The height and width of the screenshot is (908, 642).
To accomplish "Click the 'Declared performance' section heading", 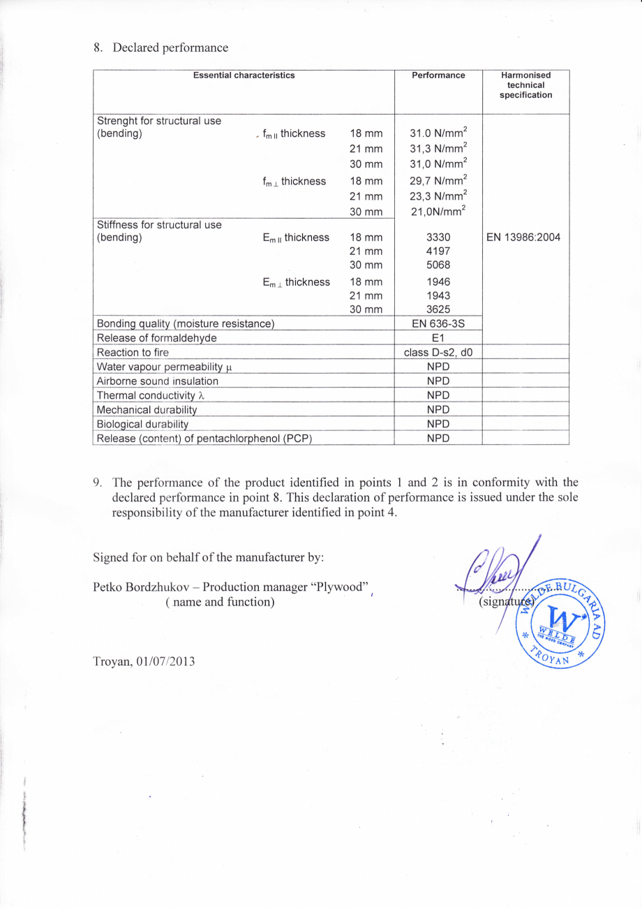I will pos(170,47).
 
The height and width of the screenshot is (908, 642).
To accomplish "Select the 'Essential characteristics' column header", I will pos(244,75).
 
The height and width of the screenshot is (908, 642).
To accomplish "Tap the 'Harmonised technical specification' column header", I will pos(525,85).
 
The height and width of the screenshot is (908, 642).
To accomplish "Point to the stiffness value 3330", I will pos(438,237).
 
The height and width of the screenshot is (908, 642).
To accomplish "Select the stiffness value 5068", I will pos(438,265).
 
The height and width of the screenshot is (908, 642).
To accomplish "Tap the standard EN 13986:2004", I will pos(525,237).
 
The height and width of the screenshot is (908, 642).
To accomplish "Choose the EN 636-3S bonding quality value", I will pos(438,323).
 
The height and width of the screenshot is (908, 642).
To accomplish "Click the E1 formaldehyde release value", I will pos(438,338).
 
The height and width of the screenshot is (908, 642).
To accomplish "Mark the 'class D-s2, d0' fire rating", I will pos(438,352).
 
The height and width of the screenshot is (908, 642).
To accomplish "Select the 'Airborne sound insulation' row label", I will pos(157,381).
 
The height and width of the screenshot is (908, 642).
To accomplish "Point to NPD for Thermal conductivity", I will pos(438,395).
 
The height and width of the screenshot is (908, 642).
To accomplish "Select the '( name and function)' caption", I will pos(219,601).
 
